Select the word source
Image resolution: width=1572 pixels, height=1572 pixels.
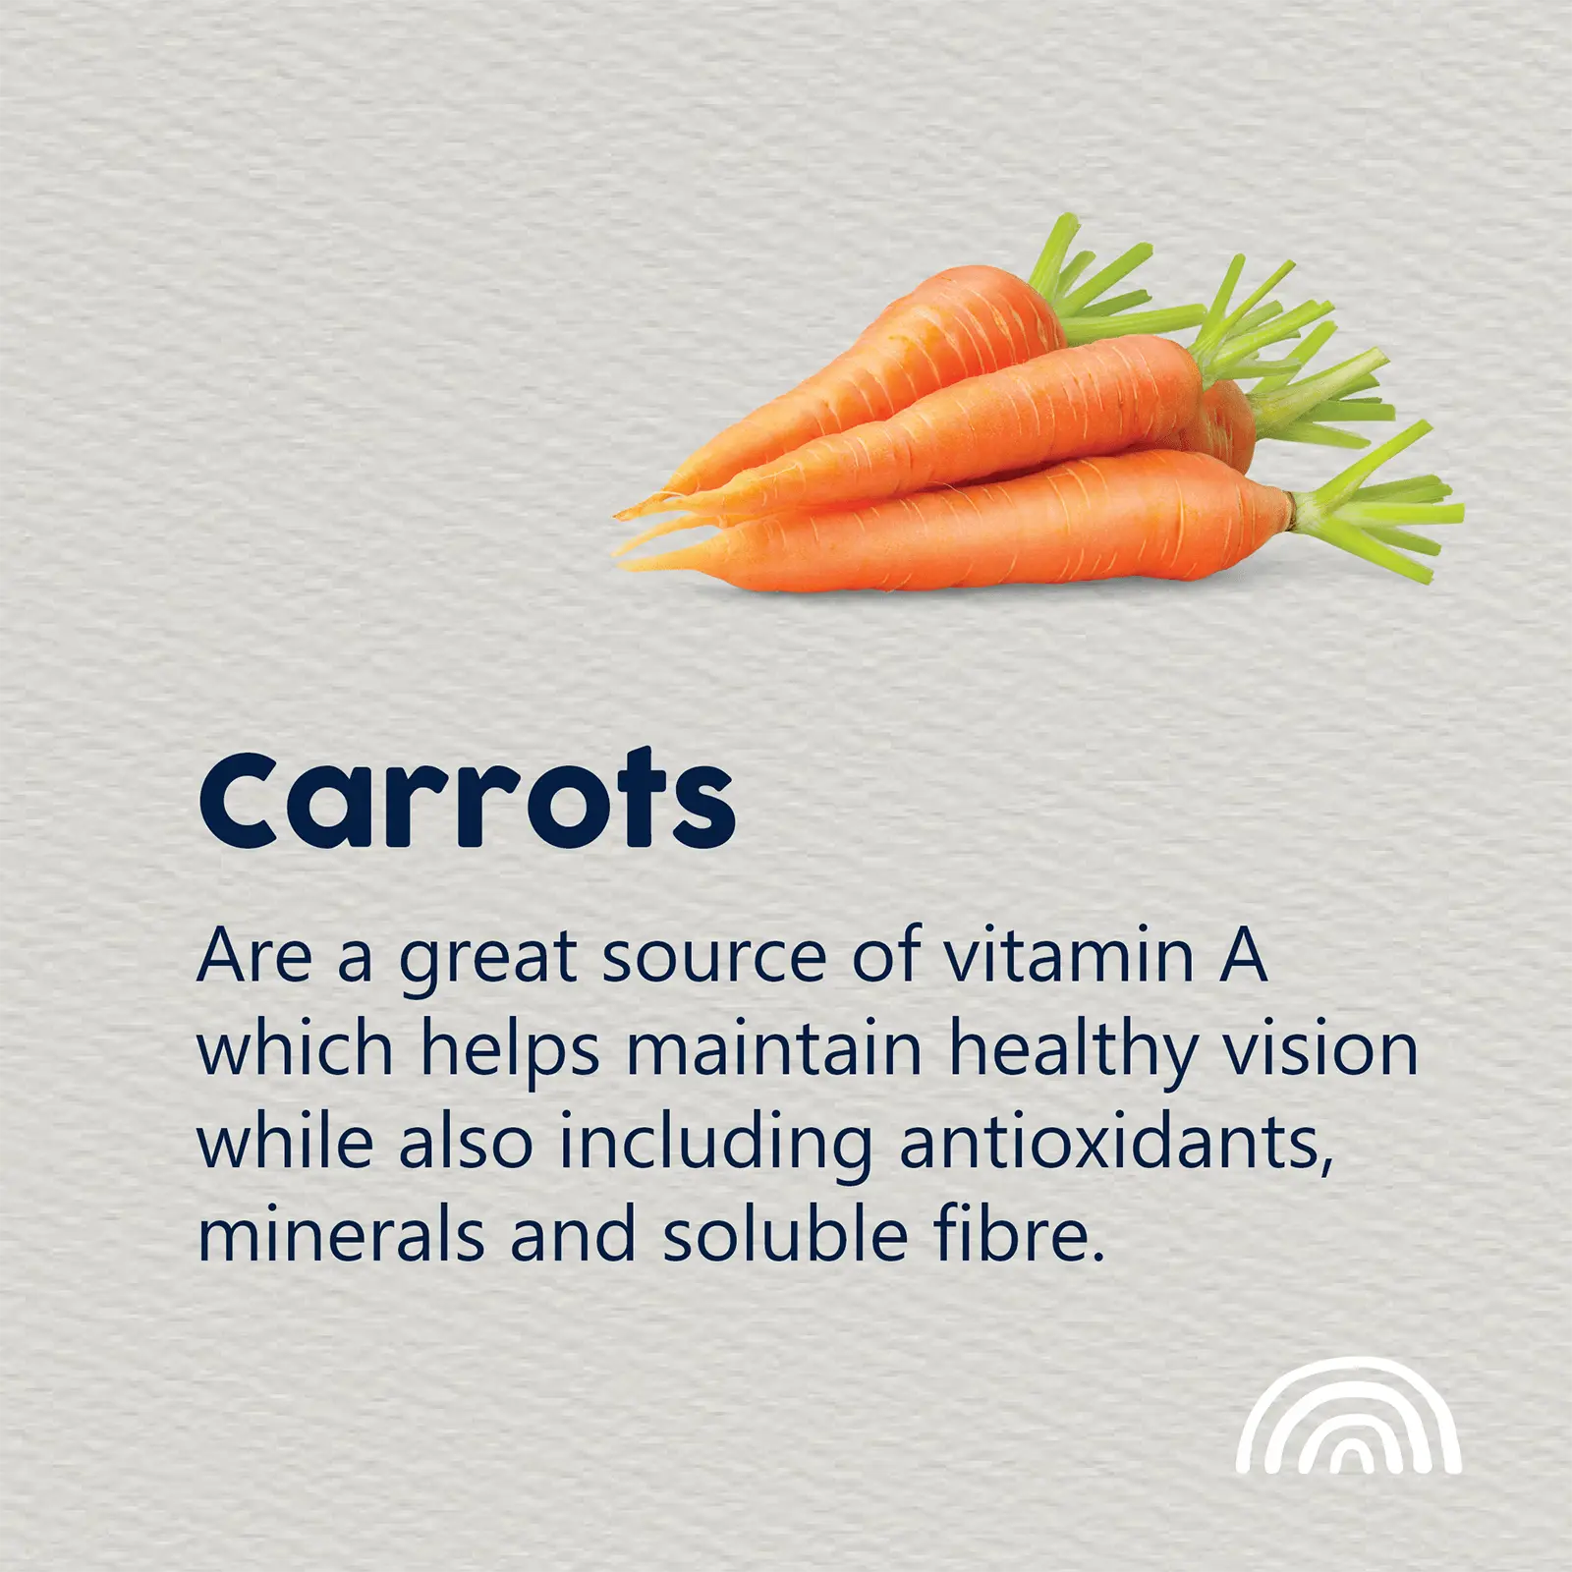[714, 958]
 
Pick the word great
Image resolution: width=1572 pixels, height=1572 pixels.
[487, 961]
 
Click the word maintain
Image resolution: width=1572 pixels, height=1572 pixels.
[774, 1049]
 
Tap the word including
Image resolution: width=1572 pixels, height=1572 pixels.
[715, 1146]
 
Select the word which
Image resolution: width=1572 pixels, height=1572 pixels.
[296, 1049]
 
